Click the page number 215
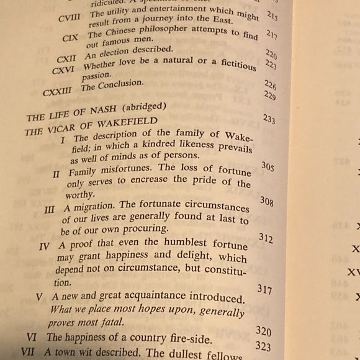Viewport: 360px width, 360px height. point(272,16)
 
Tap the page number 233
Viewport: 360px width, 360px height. point(269,119)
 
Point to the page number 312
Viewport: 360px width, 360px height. point(266,238)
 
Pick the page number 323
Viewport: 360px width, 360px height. point(263,346)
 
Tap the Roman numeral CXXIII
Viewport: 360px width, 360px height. point(58,92)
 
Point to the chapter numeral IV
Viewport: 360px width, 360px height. point(44,246)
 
